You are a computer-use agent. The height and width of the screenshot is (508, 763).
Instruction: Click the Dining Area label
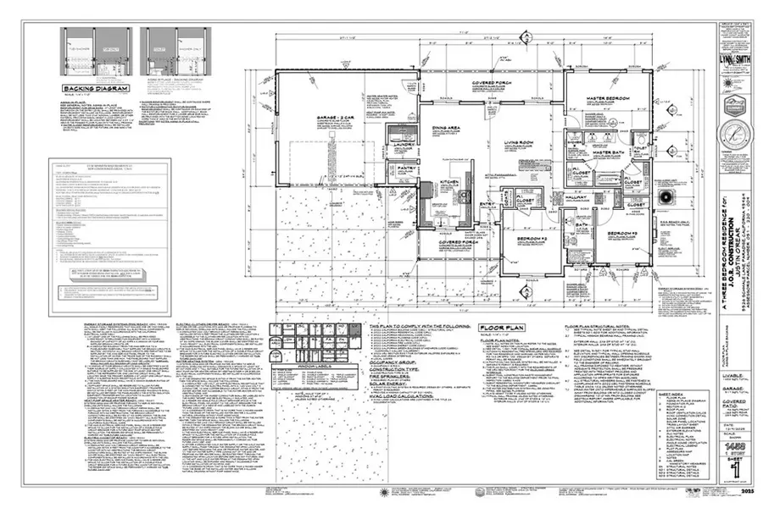pyautogui.click(x=448, y=128)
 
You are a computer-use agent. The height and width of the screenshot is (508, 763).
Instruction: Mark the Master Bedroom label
pyautogui.click(x=609, y=99)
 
